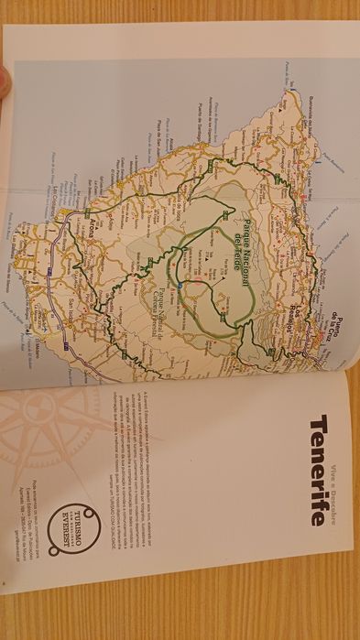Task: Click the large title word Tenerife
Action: click(316, 469)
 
